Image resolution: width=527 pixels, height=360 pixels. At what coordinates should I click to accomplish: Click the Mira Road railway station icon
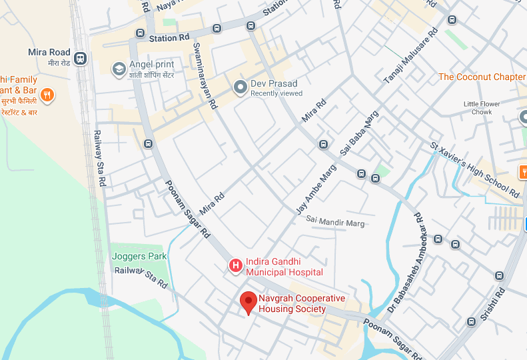(81, 58)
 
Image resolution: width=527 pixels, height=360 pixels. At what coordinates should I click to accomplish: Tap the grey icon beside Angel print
(119, 69)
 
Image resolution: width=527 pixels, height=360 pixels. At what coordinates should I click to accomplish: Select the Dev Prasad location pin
(240, 87)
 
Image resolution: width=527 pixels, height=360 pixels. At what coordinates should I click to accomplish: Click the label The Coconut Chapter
(481, 77)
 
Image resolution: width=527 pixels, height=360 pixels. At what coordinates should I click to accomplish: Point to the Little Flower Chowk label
(482, 108)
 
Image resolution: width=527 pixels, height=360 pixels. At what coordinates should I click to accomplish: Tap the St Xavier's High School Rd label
(474, 169)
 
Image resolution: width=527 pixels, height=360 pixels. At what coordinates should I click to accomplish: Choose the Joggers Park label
(139, 256)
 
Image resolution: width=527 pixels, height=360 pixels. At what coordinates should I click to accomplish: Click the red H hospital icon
(235, 266)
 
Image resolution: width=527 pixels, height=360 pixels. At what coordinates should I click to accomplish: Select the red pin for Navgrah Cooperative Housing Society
(249, 302)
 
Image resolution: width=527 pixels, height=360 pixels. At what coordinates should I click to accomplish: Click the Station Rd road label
(169, 39)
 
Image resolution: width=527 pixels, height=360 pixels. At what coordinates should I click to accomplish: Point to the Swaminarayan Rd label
(205, 75)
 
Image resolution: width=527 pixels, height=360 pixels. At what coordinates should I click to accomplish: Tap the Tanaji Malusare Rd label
(410, 56)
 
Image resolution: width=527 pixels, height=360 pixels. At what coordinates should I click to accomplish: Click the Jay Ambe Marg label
(316, 189)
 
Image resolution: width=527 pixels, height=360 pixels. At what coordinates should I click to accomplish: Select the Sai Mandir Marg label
(335, 221)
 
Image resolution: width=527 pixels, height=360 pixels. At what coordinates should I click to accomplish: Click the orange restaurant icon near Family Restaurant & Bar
(47, 95)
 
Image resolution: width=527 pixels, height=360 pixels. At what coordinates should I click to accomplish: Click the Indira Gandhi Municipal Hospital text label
(284, 267)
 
